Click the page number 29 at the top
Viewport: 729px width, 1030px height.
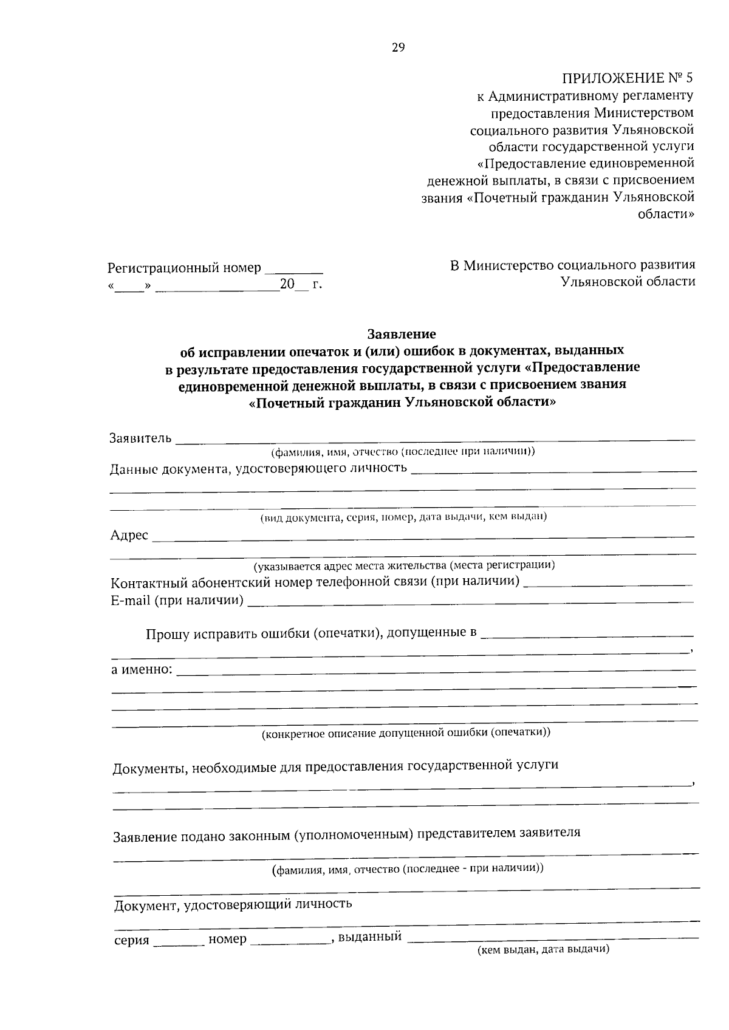(x=398, y=48)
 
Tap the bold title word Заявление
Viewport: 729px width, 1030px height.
(x=402, y=334)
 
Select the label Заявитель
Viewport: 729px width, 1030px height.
(x=140, y=438)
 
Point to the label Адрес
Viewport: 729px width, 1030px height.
(x=129, y=535)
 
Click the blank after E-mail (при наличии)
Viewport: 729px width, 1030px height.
(x=470, y=601)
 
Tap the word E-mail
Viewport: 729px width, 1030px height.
(x=130, y=601)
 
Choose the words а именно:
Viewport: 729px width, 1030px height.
(x=142, y=670)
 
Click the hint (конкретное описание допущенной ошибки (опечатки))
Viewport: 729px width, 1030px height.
(x=406, y=732)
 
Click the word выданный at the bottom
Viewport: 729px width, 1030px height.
(x=369, y=936)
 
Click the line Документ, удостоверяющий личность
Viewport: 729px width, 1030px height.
(x=233, y=904)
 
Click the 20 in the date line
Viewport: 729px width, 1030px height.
(x=287, y=284)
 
